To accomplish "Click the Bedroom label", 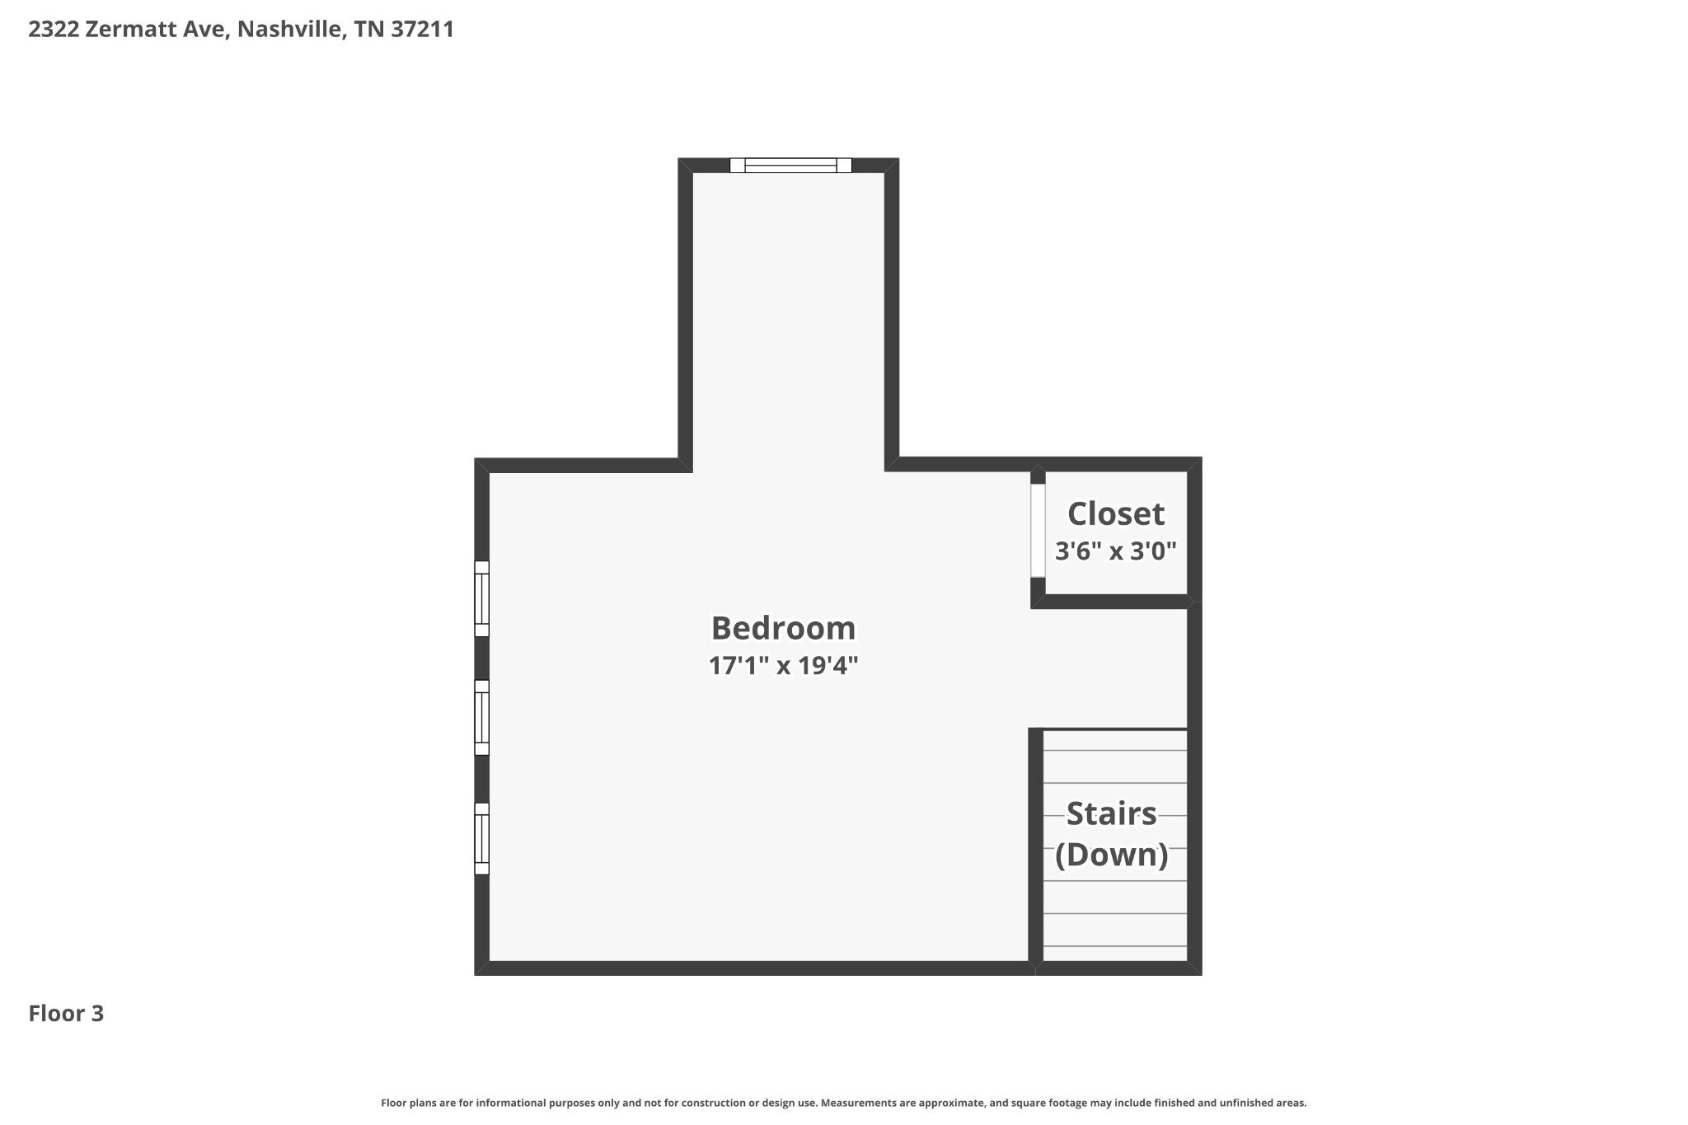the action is point(783,628).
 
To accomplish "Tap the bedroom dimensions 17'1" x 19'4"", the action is point(783,665).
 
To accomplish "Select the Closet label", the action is point(1116,513).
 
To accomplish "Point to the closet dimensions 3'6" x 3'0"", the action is point(1116,551).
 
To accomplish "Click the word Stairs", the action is point(1112,813).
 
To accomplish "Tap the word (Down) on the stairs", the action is point(1112,855).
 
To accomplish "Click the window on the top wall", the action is point(790,166).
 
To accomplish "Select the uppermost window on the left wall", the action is point(482,599).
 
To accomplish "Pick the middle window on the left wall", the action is point(482,718).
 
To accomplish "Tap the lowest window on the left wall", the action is point(482,838).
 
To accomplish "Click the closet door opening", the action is point(1038,531).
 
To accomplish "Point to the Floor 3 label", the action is point(66,1013).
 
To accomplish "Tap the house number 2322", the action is point(54,30).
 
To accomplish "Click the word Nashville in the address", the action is point(290,30).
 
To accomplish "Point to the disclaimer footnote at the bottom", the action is point(843,1103).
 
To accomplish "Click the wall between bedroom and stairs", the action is point(1036,846).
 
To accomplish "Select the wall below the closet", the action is point(1112,602).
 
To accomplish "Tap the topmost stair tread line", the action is point(1115,751).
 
